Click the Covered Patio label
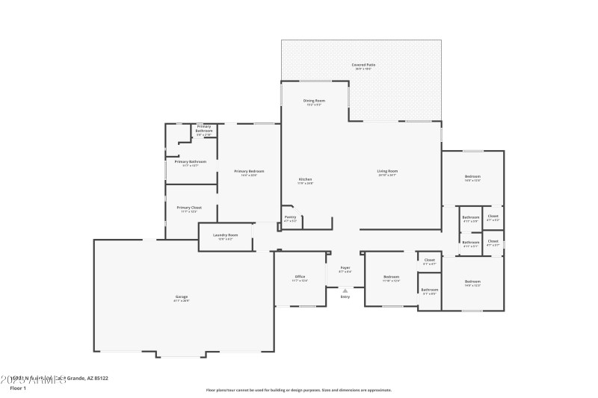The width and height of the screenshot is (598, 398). pos(363,65)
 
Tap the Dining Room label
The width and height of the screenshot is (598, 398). pos(314,100)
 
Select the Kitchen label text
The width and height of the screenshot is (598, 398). pos(305,179)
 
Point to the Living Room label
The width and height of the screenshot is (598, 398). pos(387,170)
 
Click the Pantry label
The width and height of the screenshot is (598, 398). pos(291,217)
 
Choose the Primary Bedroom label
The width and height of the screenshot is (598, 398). pos(249,171)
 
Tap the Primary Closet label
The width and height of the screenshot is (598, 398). pos(189,208)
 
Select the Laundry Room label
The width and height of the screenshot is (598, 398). pos(225,234)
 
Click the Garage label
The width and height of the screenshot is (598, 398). pos(182,296)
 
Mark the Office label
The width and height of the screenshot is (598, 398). pos(300,276)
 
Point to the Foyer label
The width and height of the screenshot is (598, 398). pos(345,267)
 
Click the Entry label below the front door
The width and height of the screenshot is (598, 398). pos(345,296)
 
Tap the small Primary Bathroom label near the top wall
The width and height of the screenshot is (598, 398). pos(204,128)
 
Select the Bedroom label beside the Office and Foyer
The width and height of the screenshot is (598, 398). pos(391,276)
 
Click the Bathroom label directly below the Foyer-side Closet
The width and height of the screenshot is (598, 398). pos(430,289)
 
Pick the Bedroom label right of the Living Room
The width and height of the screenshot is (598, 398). pos(472,176)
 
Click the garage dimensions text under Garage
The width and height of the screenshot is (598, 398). pos(182,301)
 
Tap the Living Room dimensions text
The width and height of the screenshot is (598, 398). pos(387,175)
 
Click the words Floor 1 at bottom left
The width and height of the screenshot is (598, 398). pos(18,388)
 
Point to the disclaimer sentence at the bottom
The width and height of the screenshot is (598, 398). pos(298,390)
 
